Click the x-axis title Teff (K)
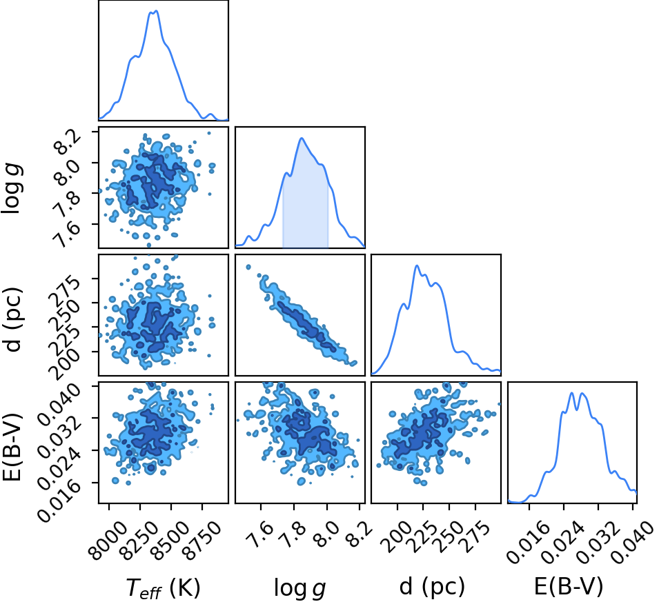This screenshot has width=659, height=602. [x=163, y=588]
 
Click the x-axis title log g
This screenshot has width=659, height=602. [x=299, y=588]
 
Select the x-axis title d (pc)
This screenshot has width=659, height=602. [x=432, y=586]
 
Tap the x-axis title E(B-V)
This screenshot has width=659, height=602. [x=568, y=586]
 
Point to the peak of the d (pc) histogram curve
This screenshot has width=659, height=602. [x=417, y=265]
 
